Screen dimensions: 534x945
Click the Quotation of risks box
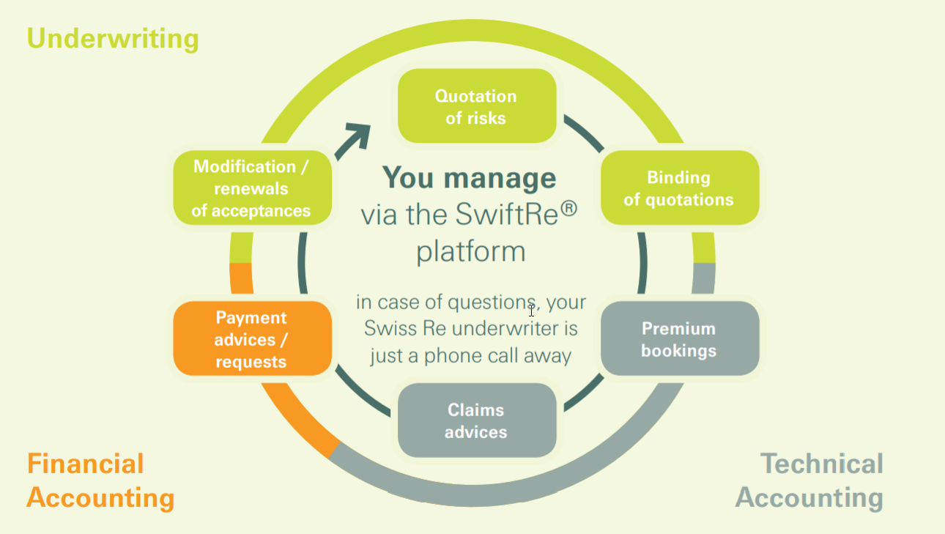pos(476,106)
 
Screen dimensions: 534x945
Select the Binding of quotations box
pos(679,188)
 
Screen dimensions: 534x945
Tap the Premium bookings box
pos(679,339)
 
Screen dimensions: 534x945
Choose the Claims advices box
pos(476,420)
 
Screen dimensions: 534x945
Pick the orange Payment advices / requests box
pos(251,339)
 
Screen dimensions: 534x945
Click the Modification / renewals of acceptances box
pos(251,188)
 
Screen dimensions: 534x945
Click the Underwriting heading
pos(113,38)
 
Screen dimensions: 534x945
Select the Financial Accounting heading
pos(100,481)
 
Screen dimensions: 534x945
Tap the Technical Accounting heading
pos(810,481)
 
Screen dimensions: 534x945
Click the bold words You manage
pos(469,178)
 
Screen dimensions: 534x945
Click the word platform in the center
pos(471,251)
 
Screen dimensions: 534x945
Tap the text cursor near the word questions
pos(532,310)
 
